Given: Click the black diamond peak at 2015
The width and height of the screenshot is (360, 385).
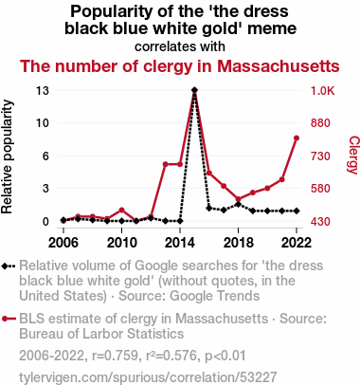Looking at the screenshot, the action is (194, 90).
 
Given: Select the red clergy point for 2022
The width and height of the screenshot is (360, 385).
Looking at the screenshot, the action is (297, 138).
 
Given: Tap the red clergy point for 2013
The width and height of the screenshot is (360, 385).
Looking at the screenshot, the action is (165, 164).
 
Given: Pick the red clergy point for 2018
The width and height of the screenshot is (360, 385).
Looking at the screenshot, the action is (238, 199).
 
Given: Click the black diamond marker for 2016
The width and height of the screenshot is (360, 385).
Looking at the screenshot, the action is (208, 209).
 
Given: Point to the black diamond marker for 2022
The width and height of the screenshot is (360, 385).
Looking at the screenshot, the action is (297, 211).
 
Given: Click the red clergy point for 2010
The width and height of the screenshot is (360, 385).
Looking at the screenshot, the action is (121, 210).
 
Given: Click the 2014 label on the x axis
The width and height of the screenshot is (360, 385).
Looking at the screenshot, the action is (180, 243).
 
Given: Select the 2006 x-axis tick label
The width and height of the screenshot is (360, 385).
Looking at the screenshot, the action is (63, 243).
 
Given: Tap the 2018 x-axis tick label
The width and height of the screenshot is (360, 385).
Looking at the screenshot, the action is (239, 243).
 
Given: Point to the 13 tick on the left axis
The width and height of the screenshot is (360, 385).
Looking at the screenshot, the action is (43, 91).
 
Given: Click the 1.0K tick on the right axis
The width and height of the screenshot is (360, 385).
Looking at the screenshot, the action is (322, 91).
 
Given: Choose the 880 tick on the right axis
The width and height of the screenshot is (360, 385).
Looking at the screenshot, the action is (320, 123).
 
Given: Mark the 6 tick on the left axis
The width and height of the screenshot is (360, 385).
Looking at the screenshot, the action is (46, 156).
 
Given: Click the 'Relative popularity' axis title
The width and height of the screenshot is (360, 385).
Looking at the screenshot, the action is (7, 156).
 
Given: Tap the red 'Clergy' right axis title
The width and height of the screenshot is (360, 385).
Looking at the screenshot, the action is (353, 155).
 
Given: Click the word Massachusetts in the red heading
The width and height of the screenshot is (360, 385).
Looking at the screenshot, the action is (279, 66).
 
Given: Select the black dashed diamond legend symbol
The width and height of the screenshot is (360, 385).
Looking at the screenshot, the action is (9, 266).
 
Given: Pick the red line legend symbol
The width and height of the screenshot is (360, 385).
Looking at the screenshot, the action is (9, 319).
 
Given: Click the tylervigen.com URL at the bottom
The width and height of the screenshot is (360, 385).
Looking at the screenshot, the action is (148, 377).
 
